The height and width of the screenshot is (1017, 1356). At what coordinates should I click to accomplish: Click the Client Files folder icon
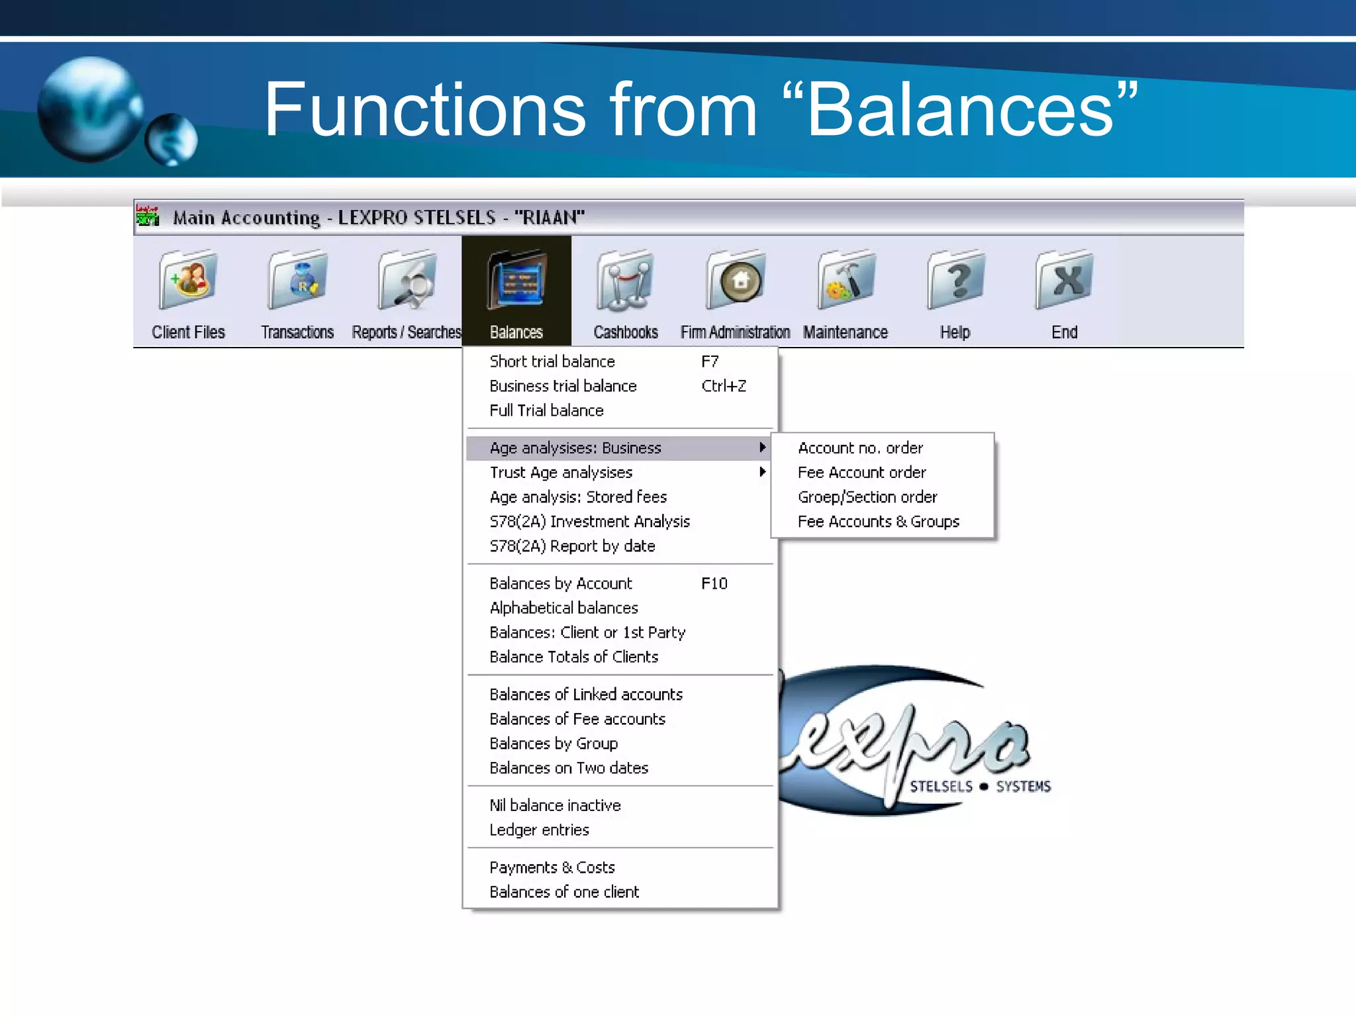(188, 281)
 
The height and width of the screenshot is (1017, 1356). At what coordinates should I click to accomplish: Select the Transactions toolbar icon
(297, 281)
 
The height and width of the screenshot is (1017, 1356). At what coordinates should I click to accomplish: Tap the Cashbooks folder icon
(625, 281)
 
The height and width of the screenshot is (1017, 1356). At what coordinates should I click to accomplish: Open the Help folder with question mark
(955, 281)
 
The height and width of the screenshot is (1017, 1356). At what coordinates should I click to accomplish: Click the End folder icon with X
(1065, 281)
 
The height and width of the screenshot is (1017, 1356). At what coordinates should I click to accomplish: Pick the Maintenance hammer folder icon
(846, 281)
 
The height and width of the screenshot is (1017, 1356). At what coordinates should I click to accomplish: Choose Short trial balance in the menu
(552, 362)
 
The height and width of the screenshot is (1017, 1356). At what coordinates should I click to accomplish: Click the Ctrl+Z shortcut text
(724, 386)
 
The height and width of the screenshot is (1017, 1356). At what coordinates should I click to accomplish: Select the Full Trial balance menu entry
(546, 411)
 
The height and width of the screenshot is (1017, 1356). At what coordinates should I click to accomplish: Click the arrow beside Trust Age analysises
(763, 472)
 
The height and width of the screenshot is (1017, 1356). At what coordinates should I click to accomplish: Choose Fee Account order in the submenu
(861, 473)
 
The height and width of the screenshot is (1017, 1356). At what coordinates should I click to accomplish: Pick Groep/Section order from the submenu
(867, 497)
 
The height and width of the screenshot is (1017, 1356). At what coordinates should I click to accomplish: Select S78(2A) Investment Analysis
(589, 522)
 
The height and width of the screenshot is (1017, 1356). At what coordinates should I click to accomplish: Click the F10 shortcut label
(714, 583)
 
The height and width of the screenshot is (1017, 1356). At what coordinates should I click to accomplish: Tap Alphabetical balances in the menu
(563, 608)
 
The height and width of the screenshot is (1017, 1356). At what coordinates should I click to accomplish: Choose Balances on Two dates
(569, 768)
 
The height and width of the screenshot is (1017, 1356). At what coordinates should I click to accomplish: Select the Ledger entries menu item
(539, 830)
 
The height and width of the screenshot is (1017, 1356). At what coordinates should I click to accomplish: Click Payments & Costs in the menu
(552, 867)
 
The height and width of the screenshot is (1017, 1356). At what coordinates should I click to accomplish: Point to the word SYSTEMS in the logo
(1023, 787)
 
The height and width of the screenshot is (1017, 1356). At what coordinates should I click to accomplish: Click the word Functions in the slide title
(424, 109)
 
